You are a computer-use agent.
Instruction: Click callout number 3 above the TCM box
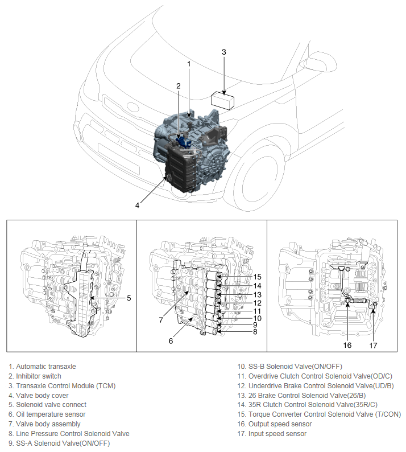coord(224,52)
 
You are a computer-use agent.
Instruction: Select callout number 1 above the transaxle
coord(189,63)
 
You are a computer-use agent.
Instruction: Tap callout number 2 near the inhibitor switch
coord(178,86)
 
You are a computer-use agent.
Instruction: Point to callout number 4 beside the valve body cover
coord(137,205)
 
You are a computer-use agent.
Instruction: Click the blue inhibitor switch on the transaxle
coord(183,139)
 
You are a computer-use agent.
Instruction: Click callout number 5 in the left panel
coord(129,297)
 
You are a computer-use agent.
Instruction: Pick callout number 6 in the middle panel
coord(171,340)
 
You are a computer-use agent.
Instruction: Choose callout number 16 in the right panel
coord(347,345)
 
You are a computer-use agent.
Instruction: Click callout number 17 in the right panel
coord(373,345)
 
